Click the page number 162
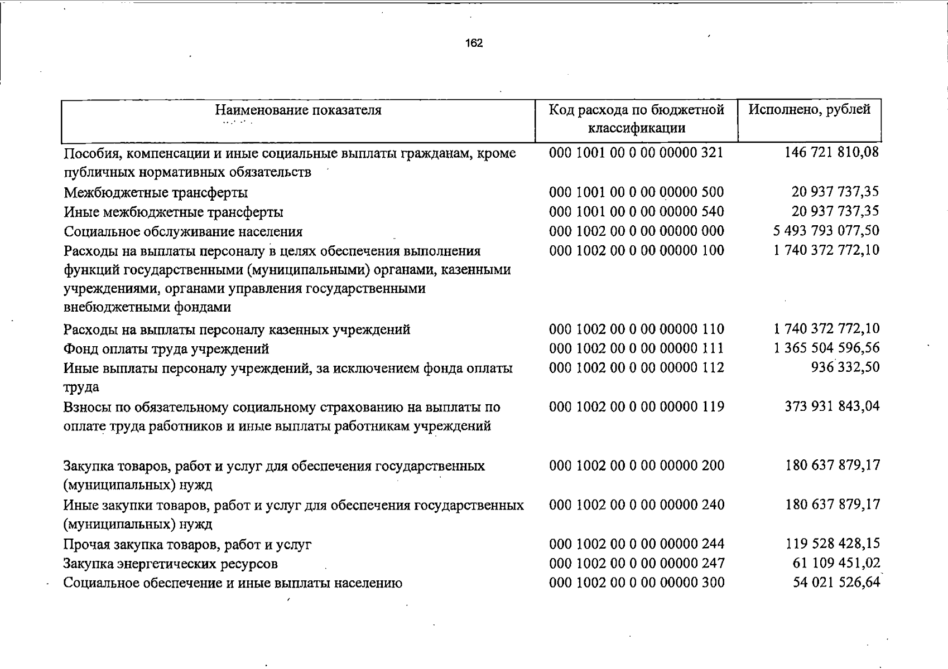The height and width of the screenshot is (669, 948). [x=474, y=43]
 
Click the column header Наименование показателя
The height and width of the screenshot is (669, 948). [x=298, y=110]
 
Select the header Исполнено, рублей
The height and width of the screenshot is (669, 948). [x=809, y=109]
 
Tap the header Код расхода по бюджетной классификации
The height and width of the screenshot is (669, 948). [x=636, y=119]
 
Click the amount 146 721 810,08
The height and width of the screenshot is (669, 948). [x=831, y=152]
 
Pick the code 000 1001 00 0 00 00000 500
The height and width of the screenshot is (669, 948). [x=636, y=192]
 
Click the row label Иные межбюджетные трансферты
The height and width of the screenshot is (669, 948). [x=173, y=212]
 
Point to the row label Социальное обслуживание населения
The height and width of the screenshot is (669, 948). [x=183, y=232]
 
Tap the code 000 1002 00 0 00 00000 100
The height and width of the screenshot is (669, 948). [x=636, y=250]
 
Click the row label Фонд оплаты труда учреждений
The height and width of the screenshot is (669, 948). [x=166, y=349]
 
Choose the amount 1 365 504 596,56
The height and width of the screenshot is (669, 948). [x=826, y=348]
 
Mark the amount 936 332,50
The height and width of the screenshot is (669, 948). [x=845, y=367]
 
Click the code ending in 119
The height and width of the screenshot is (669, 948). [x=636, y=407]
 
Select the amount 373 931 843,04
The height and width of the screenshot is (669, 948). [x=831, y=406]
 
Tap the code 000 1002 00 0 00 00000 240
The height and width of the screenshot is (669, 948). [x=636, y=505]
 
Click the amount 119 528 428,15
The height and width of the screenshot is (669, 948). [x=832, y=544]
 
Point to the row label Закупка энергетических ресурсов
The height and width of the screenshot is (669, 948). [x=170, y=564]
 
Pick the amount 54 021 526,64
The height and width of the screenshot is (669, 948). [x=836, y=583]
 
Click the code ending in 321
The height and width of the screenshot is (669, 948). [x=636, y=152]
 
